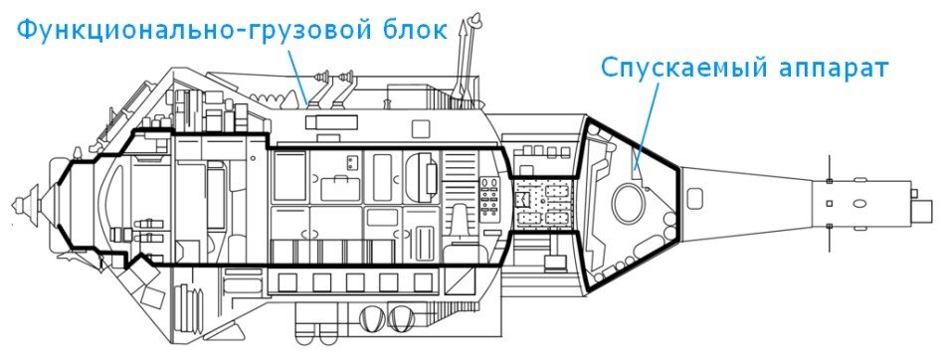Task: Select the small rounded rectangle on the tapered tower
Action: (x=829, y=204)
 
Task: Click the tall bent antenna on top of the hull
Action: (x=464, y=55)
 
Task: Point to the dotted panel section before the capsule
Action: (x=546, y=204)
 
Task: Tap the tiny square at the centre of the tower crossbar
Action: (x=829, y=204)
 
